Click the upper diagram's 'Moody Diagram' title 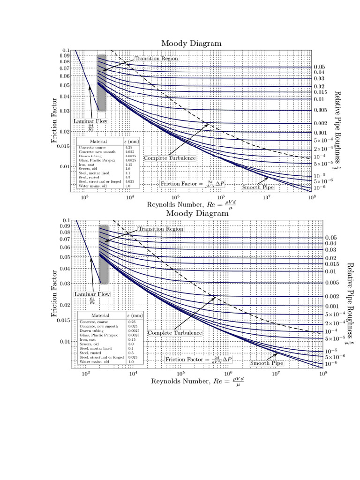pos(191,43)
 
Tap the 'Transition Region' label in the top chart pos(157,59)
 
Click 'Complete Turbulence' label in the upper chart pos(170,158)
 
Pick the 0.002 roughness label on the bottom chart pos(331,297)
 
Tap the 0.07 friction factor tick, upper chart pos(64,68)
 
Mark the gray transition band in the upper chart pos(101,82)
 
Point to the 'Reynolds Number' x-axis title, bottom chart pos(197,381)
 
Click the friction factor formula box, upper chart pos(193,184)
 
